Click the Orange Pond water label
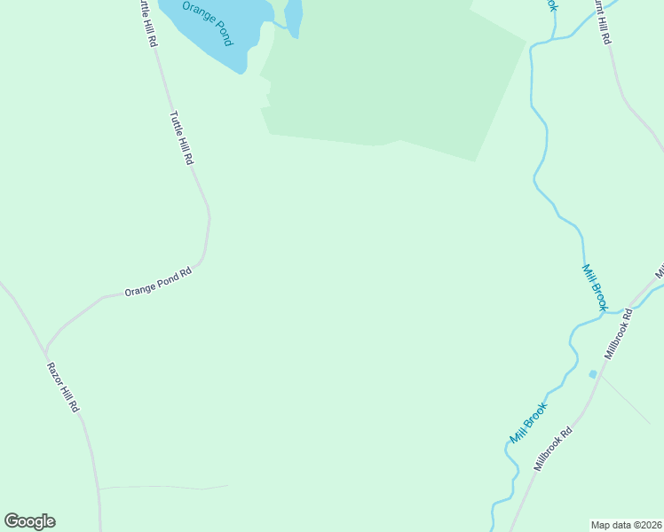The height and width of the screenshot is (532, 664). coord(207,24)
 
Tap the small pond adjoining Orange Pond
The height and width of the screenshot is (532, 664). coord(294,15)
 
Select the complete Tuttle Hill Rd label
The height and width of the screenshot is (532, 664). coord(182,137)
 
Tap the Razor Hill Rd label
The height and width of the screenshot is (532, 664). coord(64,387)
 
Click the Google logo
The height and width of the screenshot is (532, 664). coord(30,521)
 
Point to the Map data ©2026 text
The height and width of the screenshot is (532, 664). coord(627,524)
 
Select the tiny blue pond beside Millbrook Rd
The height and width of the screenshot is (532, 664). coord(593,373)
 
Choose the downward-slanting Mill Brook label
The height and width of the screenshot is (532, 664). coord(594,286)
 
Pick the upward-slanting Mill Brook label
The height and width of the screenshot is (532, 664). coord(528,423)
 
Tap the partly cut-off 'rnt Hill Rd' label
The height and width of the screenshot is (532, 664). coord(602,22)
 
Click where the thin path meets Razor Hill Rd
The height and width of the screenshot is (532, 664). coord(99,489)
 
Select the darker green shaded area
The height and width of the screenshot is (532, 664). coord(391,80)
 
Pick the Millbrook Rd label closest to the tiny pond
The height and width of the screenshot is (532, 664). coord(618,333)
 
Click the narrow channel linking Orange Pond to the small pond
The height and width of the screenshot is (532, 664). coord(278,23)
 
